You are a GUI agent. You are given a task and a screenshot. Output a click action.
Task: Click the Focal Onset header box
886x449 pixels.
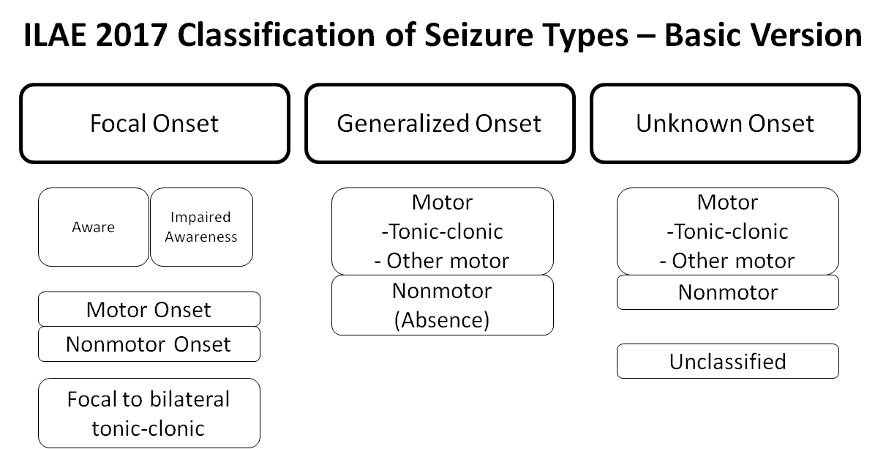[x=154, y=123]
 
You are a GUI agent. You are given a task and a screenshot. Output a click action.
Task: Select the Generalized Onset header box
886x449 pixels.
[x=440, y=123]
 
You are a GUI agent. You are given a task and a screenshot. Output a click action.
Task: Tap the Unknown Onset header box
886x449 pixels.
[x=725, y=123]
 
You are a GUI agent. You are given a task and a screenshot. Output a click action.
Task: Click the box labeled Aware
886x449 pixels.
[x=93, y=227]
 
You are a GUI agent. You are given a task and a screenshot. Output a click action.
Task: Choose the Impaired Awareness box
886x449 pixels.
[x=201, y=227]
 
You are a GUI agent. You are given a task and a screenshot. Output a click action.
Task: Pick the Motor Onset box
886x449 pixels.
[x=149, y=309]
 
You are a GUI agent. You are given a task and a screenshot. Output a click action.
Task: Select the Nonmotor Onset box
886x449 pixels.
[x=149, y=344]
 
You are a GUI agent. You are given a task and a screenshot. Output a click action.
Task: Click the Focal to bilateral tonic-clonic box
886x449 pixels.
[x=149, y=413]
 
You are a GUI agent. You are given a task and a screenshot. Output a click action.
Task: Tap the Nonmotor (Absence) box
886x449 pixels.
[x=442, y=305]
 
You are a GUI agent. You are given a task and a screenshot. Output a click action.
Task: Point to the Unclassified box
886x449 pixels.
[x=727, y=361]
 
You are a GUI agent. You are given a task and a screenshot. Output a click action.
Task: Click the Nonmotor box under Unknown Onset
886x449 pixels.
[x=727, y=292]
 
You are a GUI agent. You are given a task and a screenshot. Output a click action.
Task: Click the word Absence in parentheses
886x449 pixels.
[x=442, y=320]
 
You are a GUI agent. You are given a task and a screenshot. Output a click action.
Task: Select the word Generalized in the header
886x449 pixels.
[x=394, y=123]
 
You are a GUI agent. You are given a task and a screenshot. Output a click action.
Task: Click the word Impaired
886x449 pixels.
[x=200, y=218]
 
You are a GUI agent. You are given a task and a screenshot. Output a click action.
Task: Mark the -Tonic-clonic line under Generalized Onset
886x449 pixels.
[x=442, y=231]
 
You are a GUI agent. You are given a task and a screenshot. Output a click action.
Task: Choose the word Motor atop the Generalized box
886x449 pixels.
[x=442, y=202]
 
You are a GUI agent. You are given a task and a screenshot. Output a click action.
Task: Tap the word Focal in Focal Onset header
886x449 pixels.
[x=119, y=123]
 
